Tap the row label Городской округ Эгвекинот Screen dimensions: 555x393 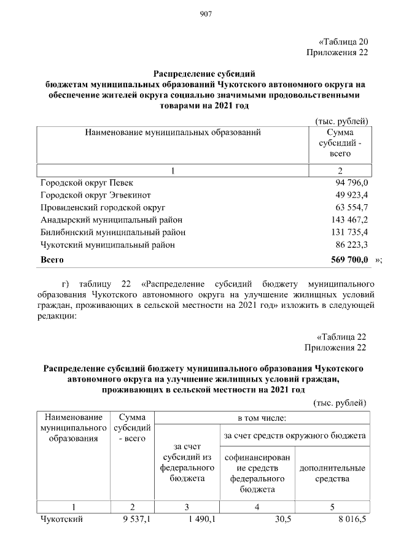pos(97,195)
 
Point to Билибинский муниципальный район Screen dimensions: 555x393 pos(112,232)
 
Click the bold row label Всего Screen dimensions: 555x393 pos(52,260)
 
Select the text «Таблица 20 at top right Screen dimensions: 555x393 pos(343,42)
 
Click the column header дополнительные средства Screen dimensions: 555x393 pos(332,473)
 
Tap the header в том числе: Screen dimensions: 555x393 pos(262,418)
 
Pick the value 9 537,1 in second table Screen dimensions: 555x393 pos(136,520)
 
